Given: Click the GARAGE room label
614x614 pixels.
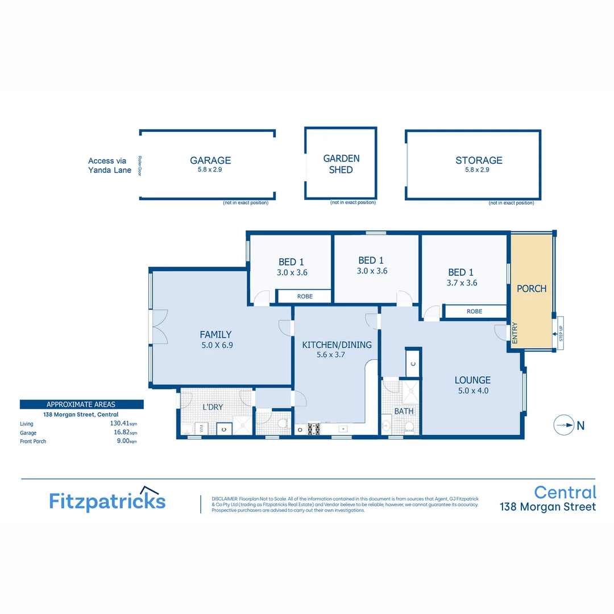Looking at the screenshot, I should click(x=210, y=161).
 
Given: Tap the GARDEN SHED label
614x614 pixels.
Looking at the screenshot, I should click(x=341, y=164).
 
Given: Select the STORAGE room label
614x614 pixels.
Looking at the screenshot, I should click(x=479, y=161).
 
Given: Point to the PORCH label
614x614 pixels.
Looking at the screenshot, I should click(x=532, y=289).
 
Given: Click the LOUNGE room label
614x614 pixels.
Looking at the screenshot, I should click(x=472, y=380).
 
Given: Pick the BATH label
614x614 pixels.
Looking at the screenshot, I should click(x=404, y=411).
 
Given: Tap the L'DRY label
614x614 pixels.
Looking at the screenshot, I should click(x=213, y=408).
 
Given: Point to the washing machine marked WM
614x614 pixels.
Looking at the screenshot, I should click(x=200, y=428).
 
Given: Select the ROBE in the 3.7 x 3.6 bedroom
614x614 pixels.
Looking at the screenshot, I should click(x=474, y=312).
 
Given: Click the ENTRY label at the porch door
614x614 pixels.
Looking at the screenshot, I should click(x=515, y=333).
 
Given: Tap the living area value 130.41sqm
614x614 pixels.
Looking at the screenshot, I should click(x=124, y=424).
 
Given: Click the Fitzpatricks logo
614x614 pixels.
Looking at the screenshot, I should click(x=107, y=500).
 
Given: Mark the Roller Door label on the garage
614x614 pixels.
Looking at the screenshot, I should click(x=139, y=165).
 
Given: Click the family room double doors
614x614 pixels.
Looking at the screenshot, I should click(x=159, y=327).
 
